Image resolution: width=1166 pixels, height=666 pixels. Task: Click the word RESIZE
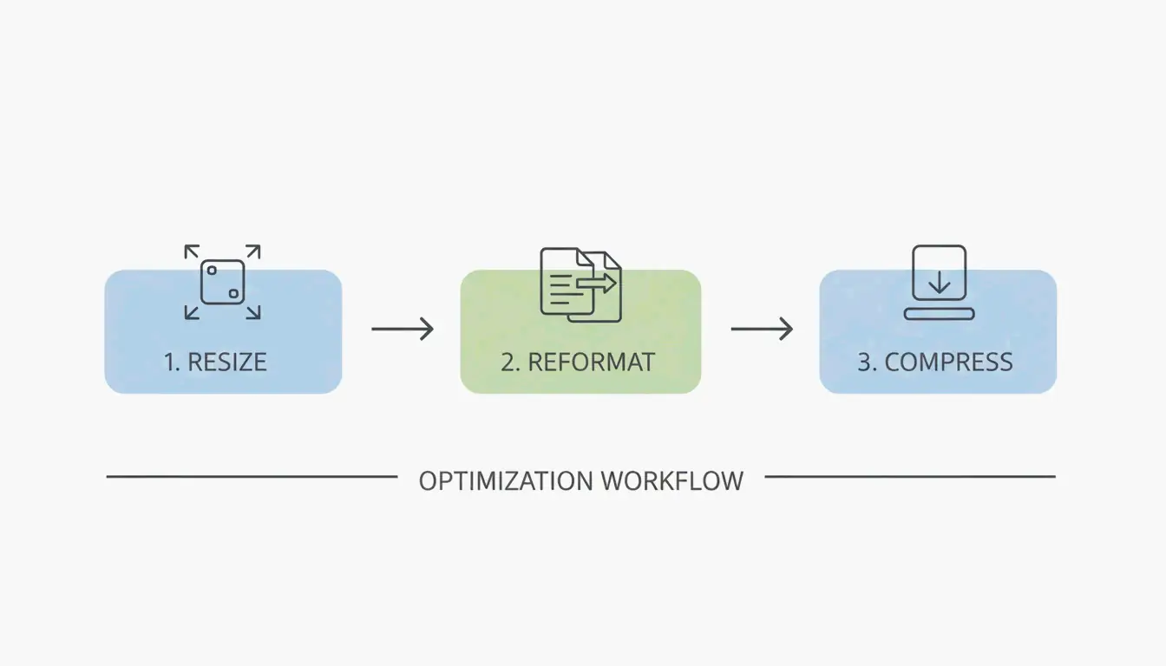(227, 362)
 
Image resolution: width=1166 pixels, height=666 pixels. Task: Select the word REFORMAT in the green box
(591, 362)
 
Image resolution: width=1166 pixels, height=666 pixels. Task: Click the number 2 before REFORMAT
(508, 362)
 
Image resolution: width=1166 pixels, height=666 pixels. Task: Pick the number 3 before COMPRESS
(865, 362)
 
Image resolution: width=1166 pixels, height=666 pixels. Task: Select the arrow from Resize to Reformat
(402, 329)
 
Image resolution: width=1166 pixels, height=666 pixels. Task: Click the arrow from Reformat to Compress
(762, 329)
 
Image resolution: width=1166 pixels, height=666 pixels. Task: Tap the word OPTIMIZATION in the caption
(506, 480)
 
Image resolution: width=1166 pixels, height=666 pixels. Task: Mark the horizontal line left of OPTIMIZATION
(252, 476)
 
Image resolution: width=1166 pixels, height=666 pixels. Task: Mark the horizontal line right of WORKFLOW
(909, 476)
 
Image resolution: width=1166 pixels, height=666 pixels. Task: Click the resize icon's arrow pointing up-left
(193, 252)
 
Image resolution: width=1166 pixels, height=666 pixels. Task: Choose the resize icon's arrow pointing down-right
(252, 312)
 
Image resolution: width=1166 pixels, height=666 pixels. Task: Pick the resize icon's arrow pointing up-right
(252, 252)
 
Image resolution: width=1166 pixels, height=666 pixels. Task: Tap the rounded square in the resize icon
(222, 282)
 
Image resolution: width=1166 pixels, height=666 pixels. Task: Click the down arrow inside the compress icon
(939, 281)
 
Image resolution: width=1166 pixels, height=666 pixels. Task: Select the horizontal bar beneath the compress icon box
(939, 313)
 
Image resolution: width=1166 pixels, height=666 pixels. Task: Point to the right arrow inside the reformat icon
(598, 283)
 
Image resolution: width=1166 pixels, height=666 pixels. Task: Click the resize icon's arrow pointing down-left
(193, 312)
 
